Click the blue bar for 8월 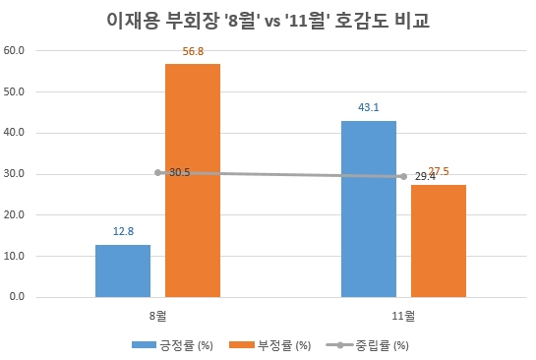tap(123, 270)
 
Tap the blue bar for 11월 tap(369, 209)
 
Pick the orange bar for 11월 tap(439, 240)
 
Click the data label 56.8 tap(194, 52)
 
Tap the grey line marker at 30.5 tap(158, 172)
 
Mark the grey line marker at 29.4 tap(403, 177)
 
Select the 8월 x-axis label tap(158, 317)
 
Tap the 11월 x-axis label tap(403, 317)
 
